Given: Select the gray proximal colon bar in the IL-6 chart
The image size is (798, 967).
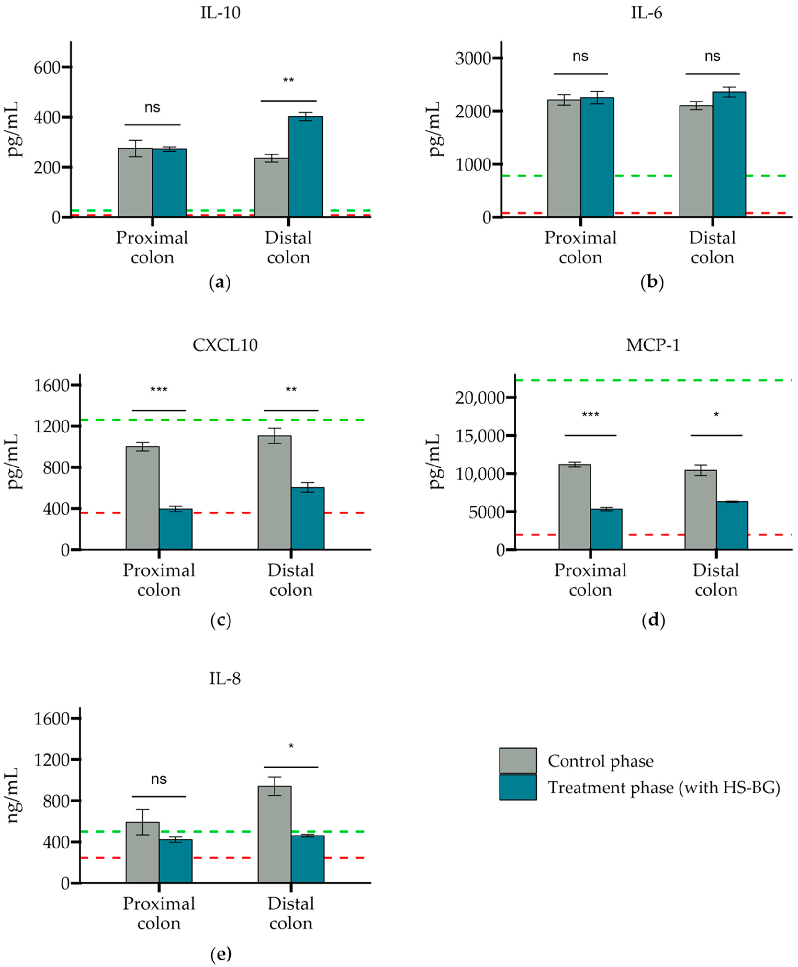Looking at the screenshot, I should pyautogui.click(x=564, y=158).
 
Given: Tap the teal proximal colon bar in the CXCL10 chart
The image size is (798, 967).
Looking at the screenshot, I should pyautogui.click(x=176, y=529).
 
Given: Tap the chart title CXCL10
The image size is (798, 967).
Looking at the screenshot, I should pyautogui.click(x=225, y=345).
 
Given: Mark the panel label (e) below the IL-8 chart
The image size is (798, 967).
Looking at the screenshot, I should pyautogui.click(x=221, y=954).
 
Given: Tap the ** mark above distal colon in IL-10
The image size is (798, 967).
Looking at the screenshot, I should pyautogui.click(x=288, y=81).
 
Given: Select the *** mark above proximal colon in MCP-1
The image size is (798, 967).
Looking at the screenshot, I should pyautogui.click(x=590, y=415).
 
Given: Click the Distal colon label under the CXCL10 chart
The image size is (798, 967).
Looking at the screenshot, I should pyautogui.click(x=291, y=580).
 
